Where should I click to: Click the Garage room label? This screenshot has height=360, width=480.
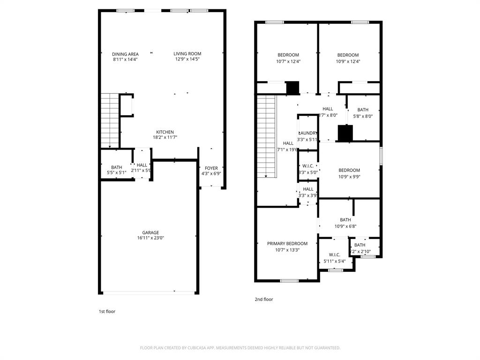(x=150, y=232)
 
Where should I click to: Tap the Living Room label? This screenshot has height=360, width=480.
(x=187, y=54)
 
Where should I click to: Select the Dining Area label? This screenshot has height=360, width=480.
(x=125, y=54)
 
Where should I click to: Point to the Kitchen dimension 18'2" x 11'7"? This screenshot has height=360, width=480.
(x=165, y=137)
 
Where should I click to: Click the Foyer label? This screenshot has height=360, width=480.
(x=211, y=168)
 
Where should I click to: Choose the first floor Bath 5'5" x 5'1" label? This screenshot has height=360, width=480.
(x=116, y=167)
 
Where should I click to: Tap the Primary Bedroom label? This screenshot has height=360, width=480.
(x=287, y=244)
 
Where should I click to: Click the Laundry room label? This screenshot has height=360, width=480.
(x=307, y=133)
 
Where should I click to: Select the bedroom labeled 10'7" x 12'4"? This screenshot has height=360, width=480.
(x=288, y=55)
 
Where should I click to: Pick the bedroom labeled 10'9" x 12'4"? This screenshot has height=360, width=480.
(x=348, y=55)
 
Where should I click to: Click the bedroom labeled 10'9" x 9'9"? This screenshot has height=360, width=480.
(x=349, y=171)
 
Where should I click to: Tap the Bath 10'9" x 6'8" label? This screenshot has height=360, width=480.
(x=345, y=220)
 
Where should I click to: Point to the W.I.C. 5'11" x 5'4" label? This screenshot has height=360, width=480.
(x=334, y=255)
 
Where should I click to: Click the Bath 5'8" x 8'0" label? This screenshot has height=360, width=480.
(x=362, y=110)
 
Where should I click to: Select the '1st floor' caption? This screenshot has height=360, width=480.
(x=106, y=311)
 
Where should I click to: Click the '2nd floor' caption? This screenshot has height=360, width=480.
(x=264, y=299)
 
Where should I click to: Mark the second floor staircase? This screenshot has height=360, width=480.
(x=266, y=136)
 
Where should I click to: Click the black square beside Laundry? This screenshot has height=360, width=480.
(x=345, y=133)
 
